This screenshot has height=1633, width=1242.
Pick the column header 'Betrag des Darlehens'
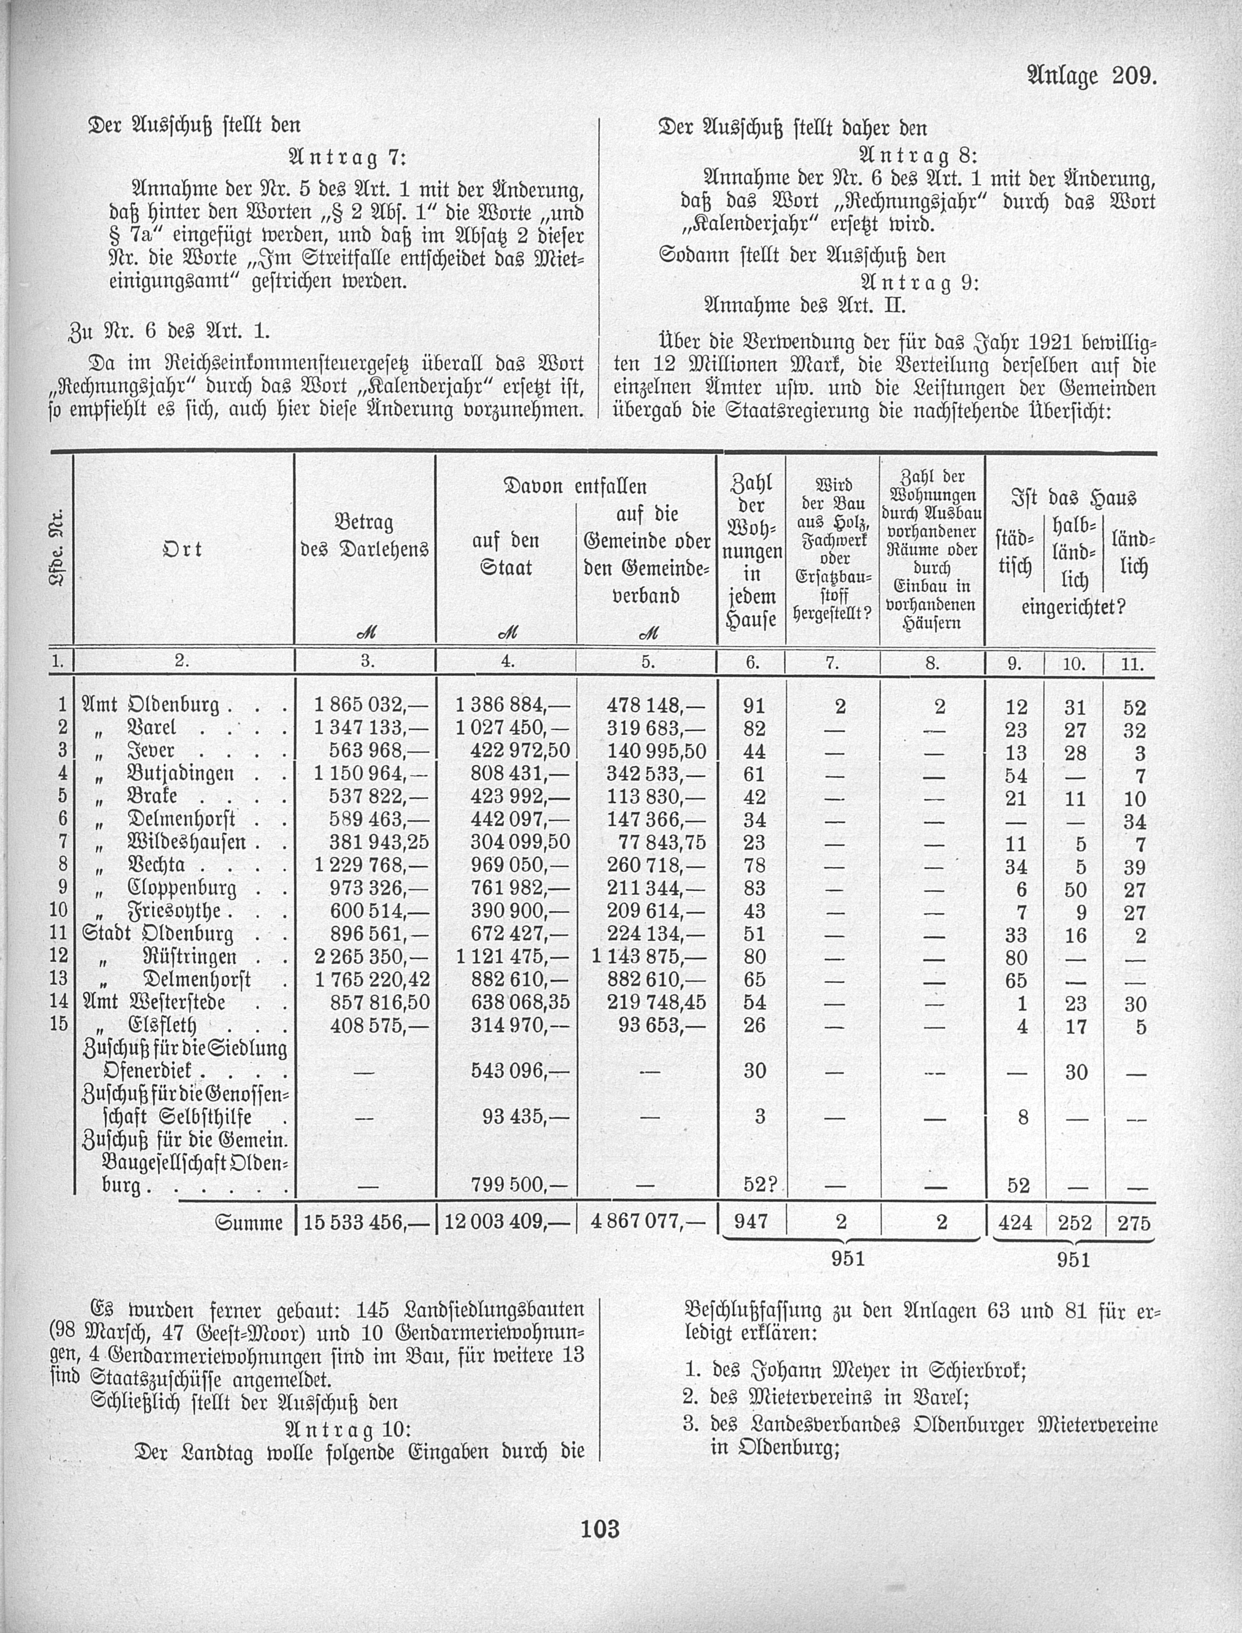(364, 537)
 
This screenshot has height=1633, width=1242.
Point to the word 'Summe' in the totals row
(249, 1223)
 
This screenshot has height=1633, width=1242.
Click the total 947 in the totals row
(752, 1222)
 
